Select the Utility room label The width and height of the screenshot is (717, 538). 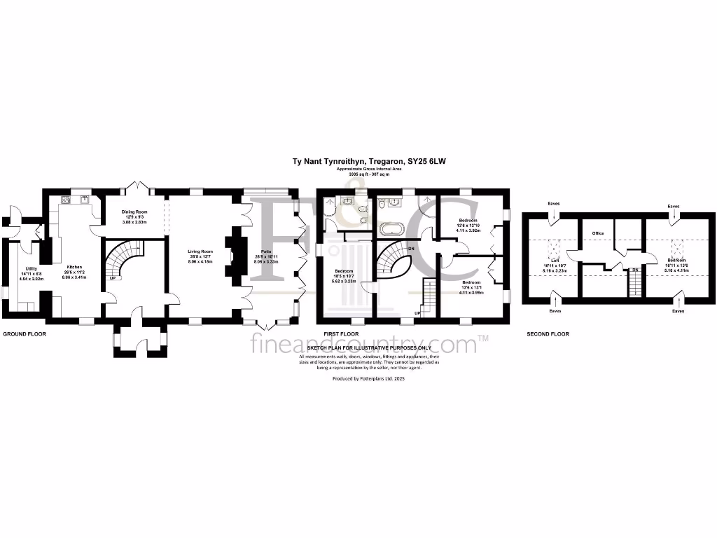tap(31, 268)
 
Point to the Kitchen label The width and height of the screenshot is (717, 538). tap(74, 267)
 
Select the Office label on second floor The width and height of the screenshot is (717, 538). tap(597, 233)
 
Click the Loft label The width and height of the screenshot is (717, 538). tap(555, 260)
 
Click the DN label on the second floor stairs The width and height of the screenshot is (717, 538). tap(634, 270)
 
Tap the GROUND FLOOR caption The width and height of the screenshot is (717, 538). tap(25, 334)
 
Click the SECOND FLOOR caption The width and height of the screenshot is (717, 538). tap(548, 334)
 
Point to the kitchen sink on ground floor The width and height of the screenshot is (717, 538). tap(85, 199)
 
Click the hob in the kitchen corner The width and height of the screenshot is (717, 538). tap(67, 200)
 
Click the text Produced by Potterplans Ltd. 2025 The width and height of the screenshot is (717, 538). tap(368, 378)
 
